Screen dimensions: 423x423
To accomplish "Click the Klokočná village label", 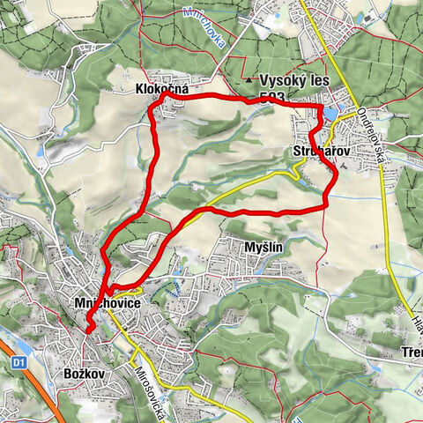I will (163, 88).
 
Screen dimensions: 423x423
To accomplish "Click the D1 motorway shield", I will (18, 362).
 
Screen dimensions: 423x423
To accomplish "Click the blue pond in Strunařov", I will (331, 114).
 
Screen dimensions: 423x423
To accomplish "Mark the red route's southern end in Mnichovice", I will (89, 330).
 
